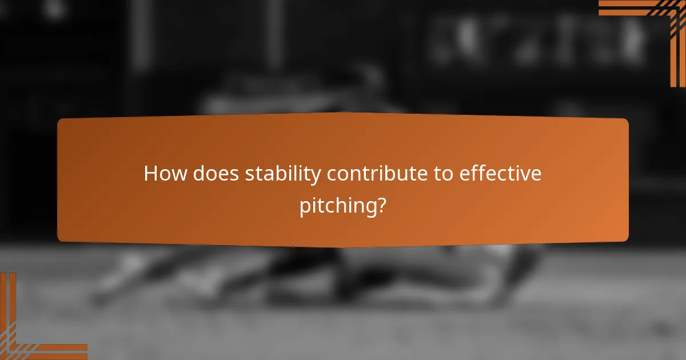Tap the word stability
pos(282,174)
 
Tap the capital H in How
pos(151,173)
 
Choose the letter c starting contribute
pos(331,175)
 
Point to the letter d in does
pos(198,173)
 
